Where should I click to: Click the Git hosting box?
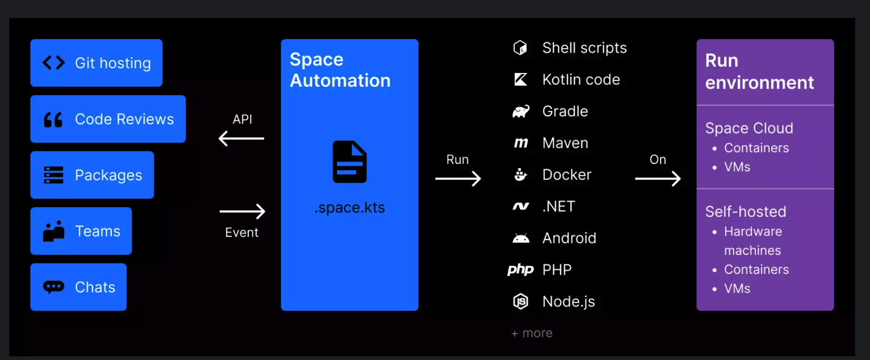click(x=96, y=63)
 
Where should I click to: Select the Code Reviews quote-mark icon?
click(x=53, y=120)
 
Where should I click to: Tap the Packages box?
click(x=92, y=175)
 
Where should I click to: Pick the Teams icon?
click(x=54, y=231)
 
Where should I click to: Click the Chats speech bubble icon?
click(x=54, y=287)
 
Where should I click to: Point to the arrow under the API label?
click(x=241, y=138)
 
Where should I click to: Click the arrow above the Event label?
click(x=242, y=211)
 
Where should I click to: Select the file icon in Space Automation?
click(x=350, y=162)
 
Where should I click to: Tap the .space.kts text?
click(x=350, y=208)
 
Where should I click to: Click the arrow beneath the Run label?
click(x=458, y=179)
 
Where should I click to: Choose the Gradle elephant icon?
click(x=521, y=111)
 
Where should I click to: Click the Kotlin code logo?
click(x=521, y=80)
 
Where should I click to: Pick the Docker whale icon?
click(x=521, y=175)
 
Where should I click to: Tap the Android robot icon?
click(x=521, y=238)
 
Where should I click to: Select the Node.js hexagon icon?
click(x=521, y=301)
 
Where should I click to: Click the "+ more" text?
click(x=532, y=333)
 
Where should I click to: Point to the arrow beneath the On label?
click(x=658, y=179)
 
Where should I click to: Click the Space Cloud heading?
click(x=749, y=128)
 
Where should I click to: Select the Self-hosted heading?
click(x=745, y=211)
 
